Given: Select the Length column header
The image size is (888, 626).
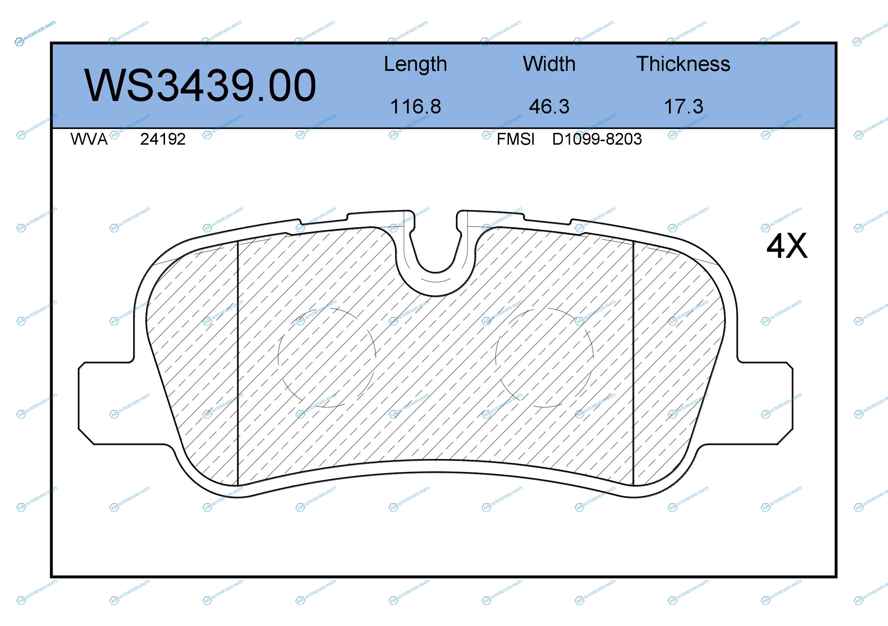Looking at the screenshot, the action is [416, 64].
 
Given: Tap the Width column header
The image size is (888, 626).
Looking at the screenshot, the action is [549, 64].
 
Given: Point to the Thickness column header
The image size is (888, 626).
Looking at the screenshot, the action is [683, 64].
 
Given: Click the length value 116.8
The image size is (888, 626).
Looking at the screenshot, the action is [416, 106].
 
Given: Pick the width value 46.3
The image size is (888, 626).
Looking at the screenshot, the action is [549, 106].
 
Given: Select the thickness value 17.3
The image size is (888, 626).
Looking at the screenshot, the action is [683, 106].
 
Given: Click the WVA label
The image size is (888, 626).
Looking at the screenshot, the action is [89, 139].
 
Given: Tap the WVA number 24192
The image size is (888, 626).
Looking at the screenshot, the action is [163, 139].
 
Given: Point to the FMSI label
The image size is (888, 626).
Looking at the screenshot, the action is [515, 139].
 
